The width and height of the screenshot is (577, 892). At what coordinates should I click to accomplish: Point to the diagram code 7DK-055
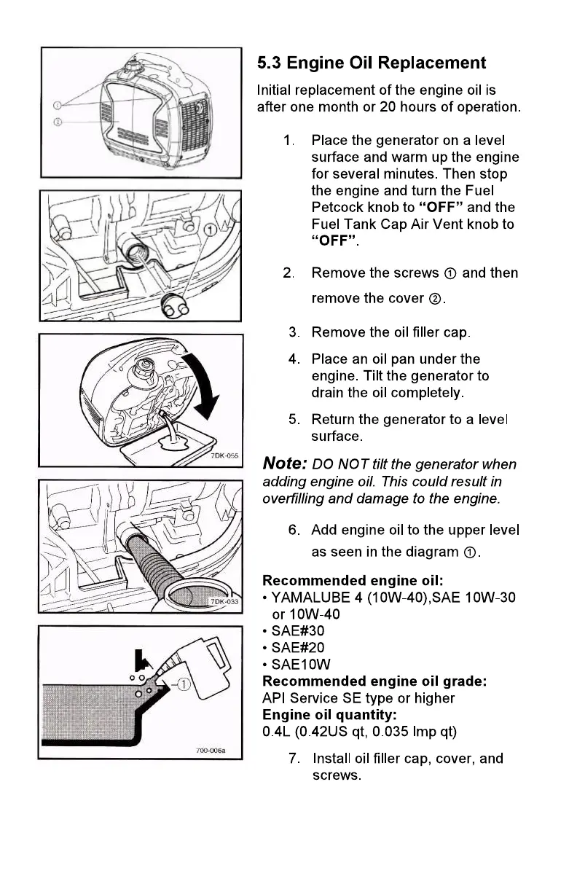click(224, 455)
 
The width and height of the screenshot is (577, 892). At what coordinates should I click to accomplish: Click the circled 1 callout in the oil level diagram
click(184, 684)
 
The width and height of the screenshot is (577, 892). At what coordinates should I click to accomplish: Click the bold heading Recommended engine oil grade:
click(374, 681)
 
